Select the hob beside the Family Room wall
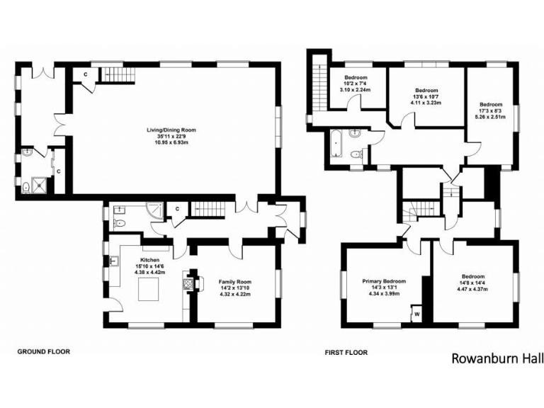pos(189,284)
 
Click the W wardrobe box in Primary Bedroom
pos(416,313)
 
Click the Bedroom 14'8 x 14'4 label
pos(472,282)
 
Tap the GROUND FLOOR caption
pos(43,351)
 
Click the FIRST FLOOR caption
pos(346,351)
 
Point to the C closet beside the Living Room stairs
pos(86,74)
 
